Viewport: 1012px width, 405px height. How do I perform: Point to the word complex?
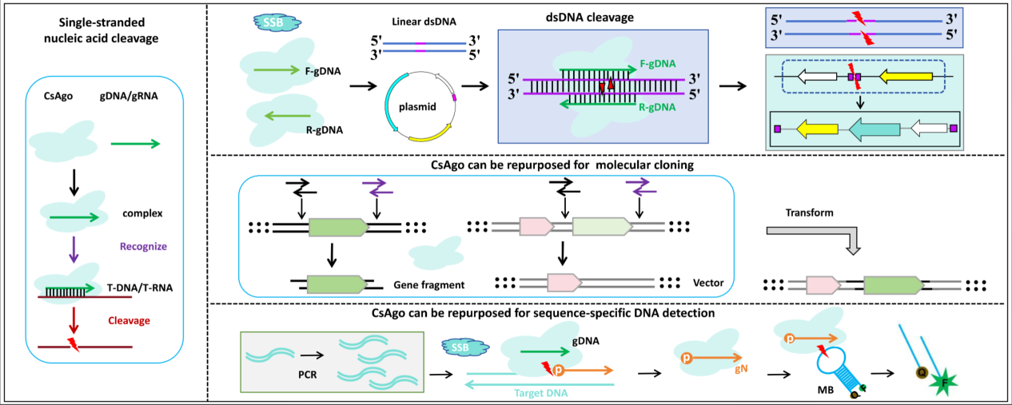click(x=143, y=214)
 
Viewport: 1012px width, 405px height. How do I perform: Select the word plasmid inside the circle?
click(x=417, y=106)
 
